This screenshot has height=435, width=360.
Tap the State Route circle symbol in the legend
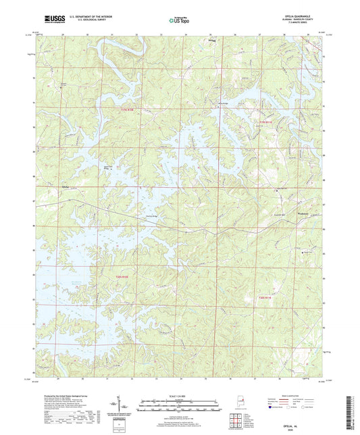click(308, 409)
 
